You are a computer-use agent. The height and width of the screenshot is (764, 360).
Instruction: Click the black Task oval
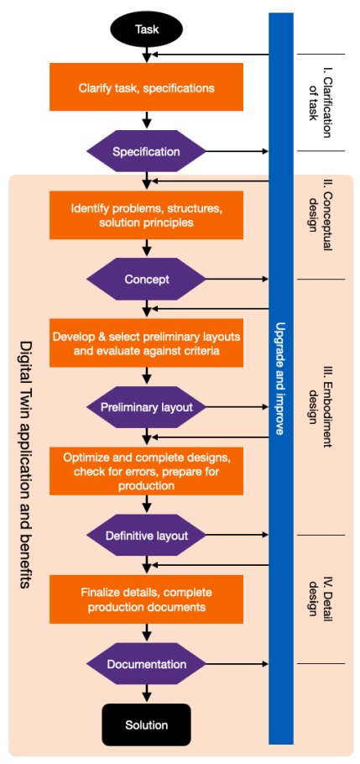[x=147, y=29]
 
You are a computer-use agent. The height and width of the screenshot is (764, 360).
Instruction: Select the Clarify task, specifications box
[x=146, y=87]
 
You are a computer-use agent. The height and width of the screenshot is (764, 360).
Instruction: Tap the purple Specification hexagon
[x=146, y=151]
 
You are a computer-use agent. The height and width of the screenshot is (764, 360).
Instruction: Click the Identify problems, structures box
[x=146, y=216]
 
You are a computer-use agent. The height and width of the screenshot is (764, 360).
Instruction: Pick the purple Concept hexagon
[x=146, y=280]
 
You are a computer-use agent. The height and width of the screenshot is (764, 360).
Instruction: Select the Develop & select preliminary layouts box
[x=146, y=343]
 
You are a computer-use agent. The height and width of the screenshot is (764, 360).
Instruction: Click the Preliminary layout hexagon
[x=146, y=407]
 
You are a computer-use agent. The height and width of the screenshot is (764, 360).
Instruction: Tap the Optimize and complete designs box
[x=146, y=471]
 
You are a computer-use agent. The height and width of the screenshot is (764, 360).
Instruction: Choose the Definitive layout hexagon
[x=146, y=536]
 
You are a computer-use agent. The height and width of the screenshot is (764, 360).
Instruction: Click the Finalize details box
[x=146, y=599]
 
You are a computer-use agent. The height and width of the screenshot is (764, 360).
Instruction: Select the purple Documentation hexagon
[x=146, y=664]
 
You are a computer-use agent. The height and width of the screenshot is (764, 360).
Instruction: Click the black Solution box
[x=146, y=725]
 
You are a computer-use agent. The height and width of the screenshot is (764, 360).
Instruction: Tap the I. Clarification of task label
[x=321, y=102]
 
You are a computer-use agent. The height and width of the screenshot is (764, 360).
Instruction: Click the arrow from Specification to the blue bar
[x=237, y=151]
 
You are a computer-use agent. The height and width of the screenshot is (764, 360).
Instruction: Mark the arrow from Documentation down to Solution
[x=146, y=694]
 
